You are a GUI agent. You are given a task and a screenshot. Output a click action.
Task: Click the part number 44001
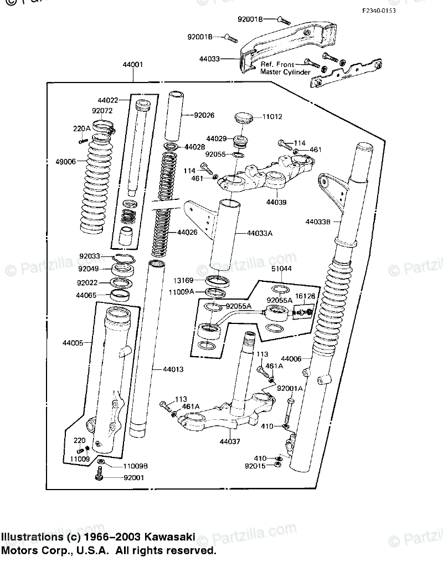(x=133, y=64)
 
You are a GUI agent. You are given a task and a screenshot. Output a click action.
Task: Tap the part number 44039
(x=276, y=203)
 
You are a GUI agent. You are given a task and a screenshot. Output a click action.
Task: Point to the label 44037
(x=230, y=441)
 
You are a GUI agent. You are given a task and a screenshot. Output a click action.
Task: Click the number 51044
(x=281, y=269)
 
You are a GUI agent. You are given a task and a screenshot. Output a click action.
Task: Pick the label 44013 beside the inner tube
(x=173, y=369)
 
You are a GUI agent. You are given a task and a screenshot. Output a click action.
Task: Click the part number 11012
(x=272, y=117)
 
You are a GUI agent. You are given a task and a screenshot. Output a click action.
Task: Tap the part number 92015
(x=255, y=466)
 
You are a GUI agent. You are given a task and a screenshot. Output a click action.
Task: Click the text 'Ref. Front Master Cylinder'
(x=285, y=69)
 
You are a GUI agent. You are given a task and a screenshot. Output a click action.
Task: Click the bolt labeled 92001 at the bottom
(x=100, y=473)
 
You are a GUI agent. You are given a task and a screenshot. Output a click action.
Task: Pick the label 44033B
(x=318, y=222)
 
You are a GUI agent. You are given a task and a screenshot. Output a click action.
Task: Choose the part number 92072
(x=102, y=110)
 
